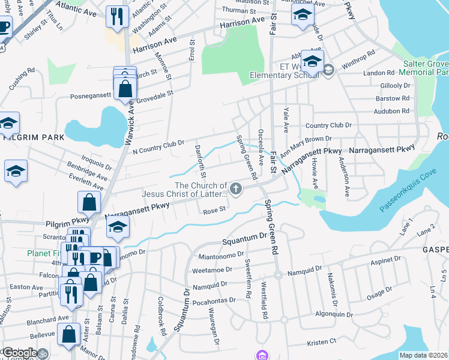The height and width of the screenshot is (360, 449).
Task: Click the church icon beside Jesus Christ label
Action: pyautogui.click(x=237, y=190)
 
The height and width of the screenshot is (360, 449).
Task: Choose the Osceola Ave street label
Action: pyautogui.click(x=261, y=147)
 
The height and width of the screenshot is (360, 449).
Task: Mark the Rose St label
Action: pyautogui.click(x=214, y=210)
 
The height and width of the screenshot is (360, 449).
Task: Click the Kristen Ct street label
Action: pyautogui.click(x=321, y=341)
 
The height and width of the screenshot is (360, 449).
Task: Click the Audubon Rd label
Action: pyautogui.click(x=391, y=111)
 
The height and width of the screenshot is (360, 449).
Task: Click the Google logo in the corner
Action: pyautogui.click(x=19, y=352)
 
